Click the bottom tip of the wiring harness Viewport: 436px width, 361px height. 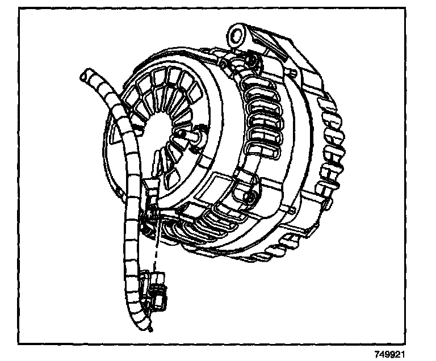point(149,329)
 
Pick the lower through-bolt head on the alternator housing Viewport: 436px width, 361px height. point(248,198)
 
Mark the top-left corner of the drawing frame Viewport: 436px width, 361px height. point(19,10)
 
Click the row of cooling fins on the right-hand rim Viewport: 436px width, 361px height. point(329,148)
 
